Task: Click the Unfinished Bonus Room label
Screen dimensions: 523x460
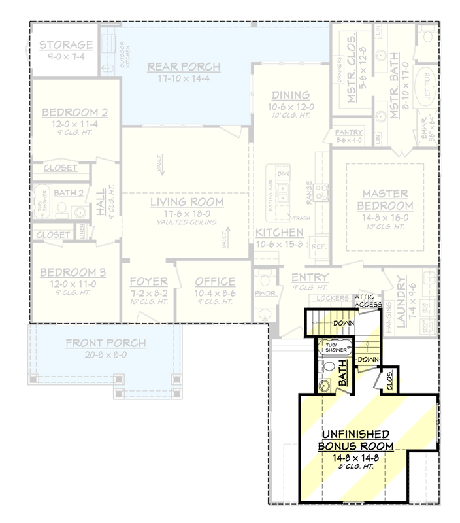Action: pos(356,440)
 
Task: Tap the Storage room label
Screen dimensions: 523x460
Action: pos(65,45)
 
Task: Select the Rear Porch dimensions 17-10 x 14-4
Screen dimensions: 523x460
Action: pos(184,79)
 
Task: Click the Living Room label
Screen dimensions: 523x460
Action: pos(187,202)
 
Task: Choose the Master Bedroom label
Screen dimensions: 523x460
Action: pos(385,199)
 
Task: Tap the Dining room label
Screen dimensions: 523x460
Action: pos(287,95)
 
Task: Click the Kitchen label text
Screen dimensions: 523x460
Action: pos(279,233)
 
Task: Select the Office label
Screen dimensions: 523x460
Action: pos(215,282)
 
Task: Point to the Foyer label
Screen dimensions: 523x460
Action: pos(149,282)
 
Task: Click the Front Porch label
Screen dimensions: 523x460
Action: pos(106,343)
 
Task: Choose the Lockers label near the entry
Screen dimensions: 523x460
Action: pos(327,298)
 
